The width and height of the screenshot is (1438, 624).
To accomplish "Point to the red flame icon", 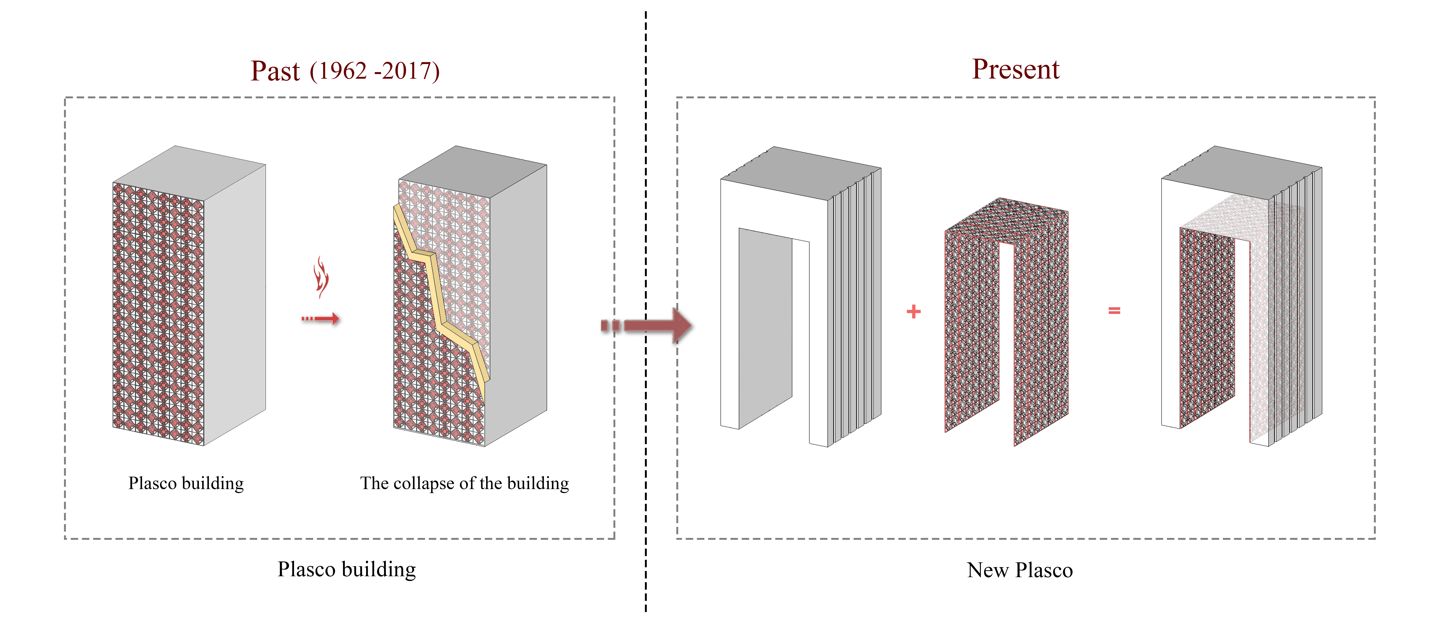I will tap(321, 276).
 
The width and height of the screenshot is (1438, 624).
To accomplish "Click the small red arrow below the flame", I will tap(321, 319).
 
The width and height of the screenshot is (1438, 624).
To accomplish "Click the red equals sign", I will tap(1114, 311).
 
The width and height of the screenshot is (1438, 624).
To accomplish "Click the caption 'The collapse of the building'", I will tap(464, 483).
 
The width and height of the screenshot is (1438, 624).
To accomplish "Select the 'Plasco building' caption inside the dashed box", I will tap(186, 483).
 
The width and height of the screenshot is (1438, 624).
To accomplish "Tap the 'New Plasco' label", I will tap(1020, 570).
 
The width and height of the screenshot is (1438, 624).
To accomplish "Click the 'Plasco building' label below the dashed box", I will tap(347, 569).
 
